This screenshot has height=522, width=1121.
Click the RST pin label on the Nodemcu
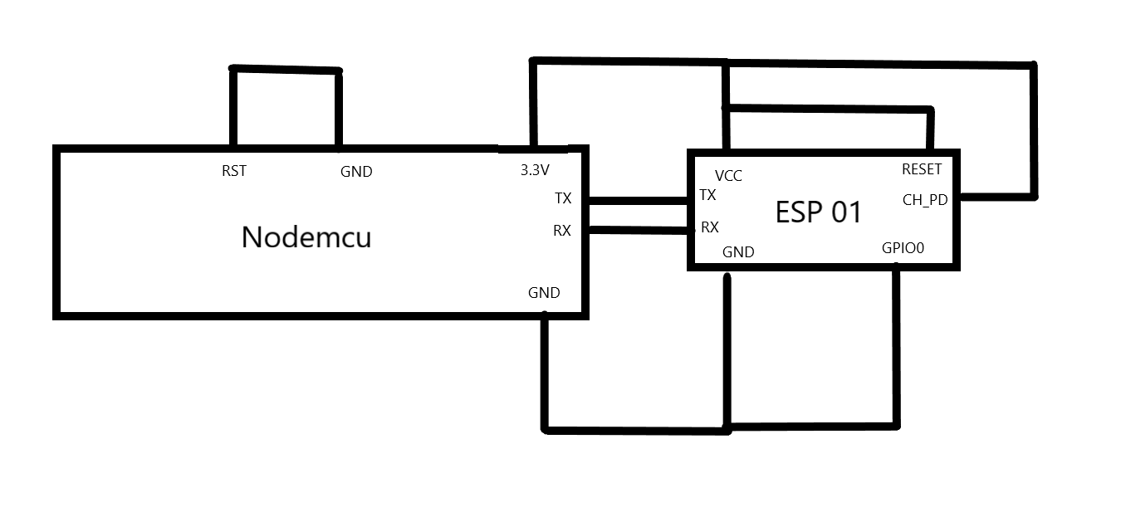click(233, 171)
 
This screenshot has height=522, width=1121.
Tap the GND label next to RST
click(356, 172)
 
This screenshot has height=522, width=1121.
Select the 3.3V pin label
click(535, 170)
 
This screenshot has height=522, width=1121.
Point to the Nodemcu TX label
click(563, 198)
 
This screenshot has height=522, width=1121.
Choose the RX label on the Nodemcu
click(562, 231)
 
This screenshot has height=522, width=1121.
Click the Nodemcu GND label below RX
click(544, 293)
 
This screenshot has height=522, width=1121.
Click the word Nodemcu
click(306, 237)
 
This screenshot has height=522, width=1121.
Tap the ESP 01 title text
click(819, 212)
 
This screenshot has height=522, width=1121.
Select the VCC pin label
click(728, 176)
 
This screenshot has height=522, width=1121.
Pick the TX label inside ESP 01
click(708, 195)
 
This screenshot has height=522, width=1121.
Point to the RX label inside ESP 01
click(710, 227)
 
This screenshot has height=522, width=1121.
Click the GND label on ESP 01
click(738, 252)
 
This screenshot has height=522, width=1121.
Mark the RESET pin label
click(922, 169)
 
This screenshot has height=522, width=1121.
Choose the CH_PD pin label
click(925, 200)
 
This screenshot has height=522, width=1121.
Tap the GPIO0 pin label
click(903, 248)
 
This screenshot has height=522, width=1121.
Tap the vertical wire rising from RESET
click(931, 129)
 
